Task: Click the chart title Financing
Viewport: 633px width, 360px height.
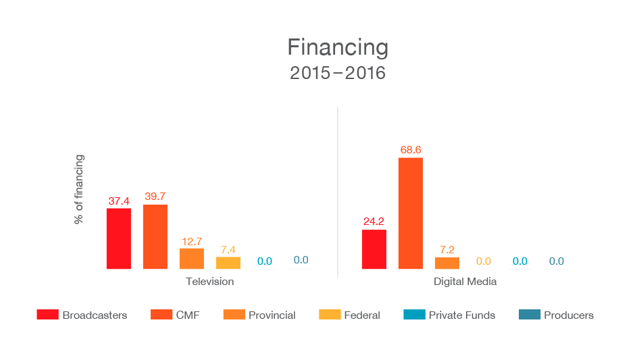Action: pyautogui.click(x=338, y=47)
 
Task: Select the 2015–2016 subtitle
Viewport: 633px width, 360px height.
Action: pyautogui.click(x=338, y=73)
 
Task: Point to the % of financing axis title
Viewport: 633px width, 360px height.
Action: pyautogui.click(x=79, y=190)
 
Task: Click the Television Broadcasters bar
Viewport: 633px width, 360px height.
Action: pyautogui.click(x=119, y=238)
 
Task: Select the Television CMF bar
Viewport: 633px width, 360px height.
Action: pyautogui.click(x=155, y=236)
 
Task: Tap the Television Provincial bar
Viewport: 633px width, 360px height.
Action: pyautogui.click(x=192, y=259)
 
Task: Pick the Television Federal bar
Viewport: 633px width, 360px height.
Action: pyautogui.click(x=228, y=263)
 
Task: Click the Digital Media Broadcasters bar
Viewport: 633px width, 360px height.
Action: pyautogui.click(x=374, y=249)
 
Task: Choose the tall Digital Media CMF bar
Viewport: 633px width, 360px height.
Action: pyautogui.click(x=411, y=213)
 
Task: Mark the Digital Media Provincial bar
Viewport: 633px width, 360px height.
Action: pyautogui.click(x=447, y=263)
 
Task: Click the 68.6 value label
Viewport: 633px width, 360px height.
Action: pyautogui.click(x=411, y=149)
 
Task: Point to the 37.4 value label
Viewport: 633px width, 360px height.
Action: pyautogui.click(x=119, y=201)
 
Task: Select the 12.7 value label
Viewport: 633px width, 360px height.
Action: pyautogui.click(x=192, y=241)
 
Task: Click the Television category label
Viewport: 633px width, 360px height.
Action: pyautogui.click(x=210, y=281)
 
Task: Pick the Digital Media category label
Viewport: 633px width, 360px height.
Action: pyautogui.click(x=465, y=281)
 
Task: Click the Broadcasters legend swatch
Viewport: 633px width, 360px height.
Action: pyautogui.click(x=47, y=315)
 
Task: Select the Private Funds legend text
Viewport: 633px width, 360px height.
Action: pyautogui.click(x=462, y=315)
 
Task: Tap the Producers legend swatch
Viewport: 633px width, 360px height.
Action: pyautogui.click(x=528, y=315)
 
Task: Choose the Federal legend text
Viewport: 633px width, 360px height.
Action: pyautogui.click(x=362, y=315)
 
